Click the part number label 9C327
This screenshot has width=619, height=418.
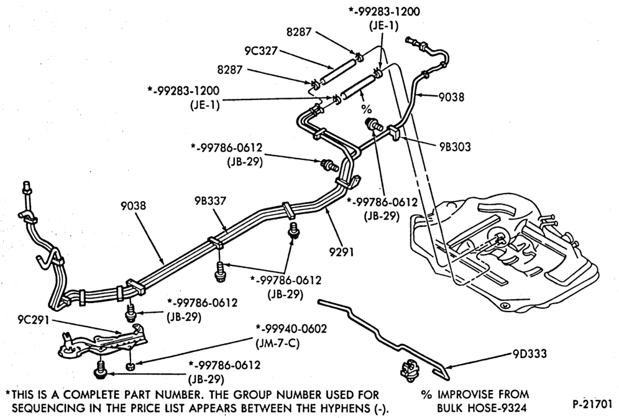(261, 50)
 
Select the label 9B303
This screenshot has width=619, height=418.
(455, 147)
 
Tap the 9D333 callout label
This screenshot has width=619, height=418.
(530, 353)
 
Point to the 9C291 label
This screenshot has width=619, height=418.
(34, 319)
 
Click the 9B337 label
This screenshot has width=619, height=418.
(211, 201)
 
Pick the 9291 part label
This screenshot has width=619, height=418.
(342, 252)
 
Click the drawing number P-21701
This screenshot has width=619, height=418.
(592, 404)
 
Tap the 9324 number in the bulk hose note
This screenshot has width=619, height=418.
(513, 407)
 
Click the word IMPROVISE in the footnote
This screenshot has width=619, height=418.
(464, 394)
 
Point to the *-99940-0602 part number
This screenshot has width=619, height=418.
(291, 329)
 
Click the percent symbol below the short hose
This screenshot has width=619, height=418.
(366, 108)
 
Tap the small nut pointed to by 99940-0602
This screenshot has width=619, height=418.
(131, 366)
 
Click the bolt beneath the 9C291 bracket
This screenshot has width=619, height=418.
(100, 369)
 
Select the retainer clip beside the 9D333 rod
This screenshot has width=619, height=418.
(408, 370)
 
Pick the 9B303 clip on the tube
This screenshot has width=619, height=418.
(395, 134)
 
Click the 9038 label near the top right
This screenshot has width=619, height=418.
(452, 97)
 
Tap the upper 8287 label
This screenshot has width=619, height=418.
(299, 32)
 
